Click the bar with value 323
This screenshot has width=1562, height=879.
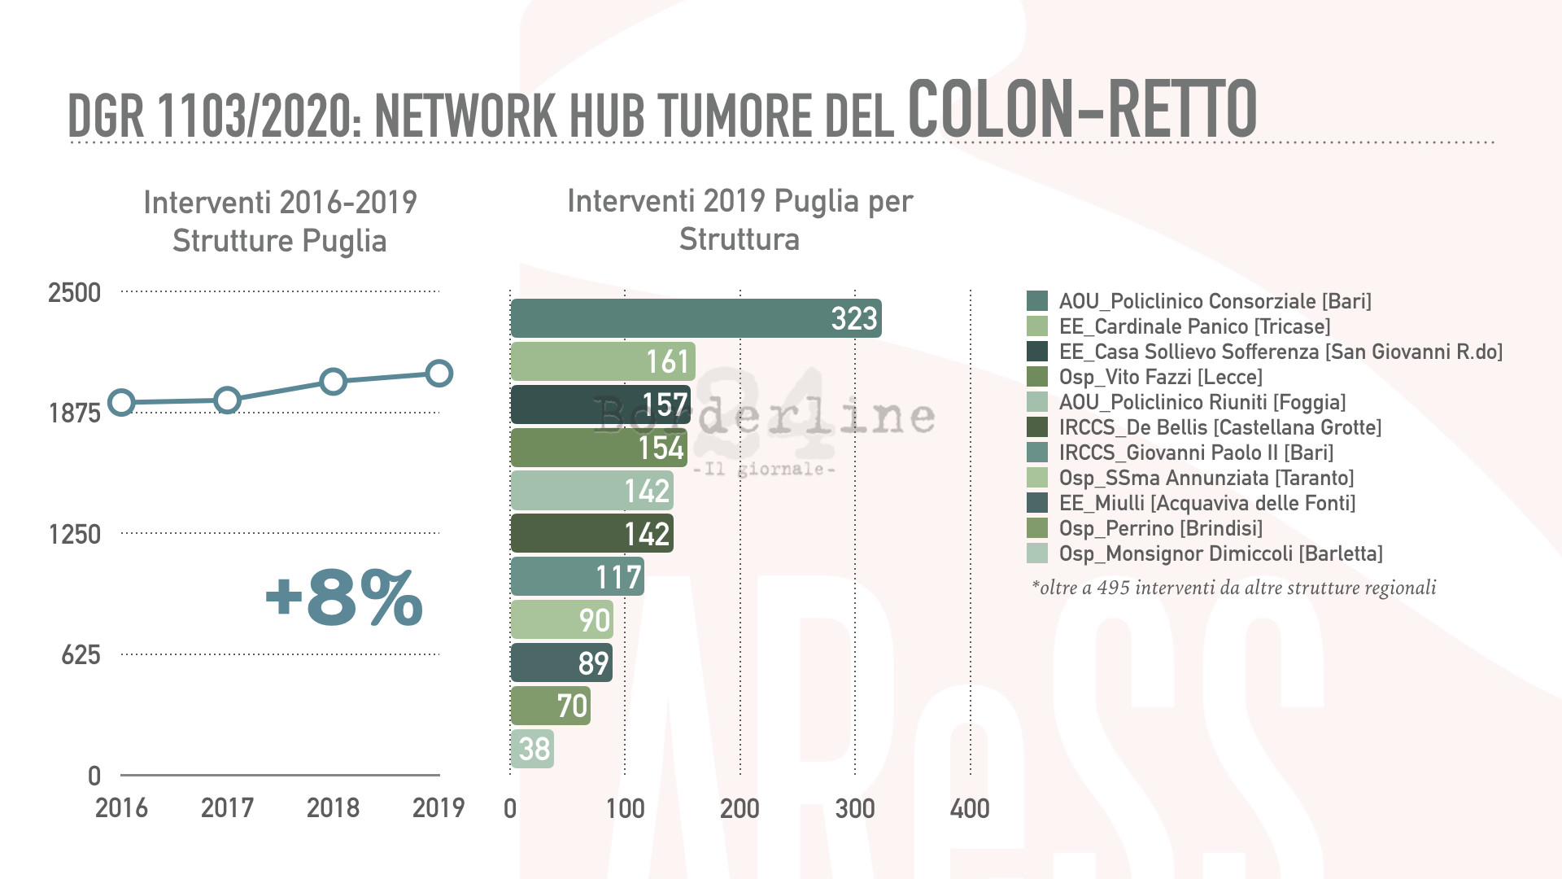pyautogui.click(x=696, y=318)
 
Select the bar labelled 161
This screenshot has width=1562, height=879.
pyautogui.click(x=603, y=361)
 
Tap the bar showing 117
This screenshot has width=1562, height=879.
pyautogui.click(x=577, y=577)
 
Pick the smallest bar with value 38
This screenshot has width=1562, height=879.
pyautogui.click(x=532, y=749)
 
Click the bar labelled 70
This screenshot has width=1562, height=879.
pyautogui.click(x=550, y=706)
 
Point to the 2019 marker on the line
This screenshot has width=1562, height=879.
pyautogui.click(x=439, y=374)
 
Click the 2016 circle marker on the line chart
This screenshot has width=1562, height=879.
pyautogui.click(x=121, y=402)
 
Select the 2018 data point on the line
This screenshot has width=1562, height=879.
pyautogui.click(x=333, y=382)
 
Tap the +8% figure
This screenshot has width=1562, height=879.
pyautogui.click(x=343, y=598)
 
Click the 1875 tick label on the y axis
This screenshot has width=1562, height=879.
pyautogui.click(x=75, y=413)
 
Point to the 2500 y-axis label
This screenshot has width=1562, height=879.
pyautogui.click(x=74, y=293)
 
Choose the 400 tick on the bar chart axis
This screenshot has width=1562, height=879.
pyautogui.click(x=970, y=809)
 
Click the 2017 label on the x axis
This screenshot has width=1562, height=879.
pyautogui.click(x=227, y=808)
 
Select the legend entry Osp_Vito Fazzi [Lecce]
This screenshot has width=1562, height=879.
pyautogui.click(x=1160, y=377)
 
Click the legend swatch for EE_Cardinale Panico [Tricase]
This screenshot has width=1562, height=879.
pyautogui.click(x=1037, y=326)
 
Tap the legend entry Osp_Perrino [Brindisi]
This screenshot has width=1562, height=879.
pyautogui.click(x=1160, y=528)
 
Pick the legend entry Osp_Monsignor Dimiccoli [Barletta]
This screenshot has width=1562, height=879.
pyautogui.click(x=1220, y=553)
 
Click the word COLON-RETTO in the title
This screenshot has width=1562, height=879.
pyautogui.click(x=1082, y=110)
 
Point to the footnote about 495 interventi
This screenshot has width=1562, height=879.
pyautogui.click(x=1233, y=588)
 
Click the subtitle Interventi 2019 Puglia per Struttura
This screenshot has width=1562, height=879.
pyautogui.click(x=740, y=220)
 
